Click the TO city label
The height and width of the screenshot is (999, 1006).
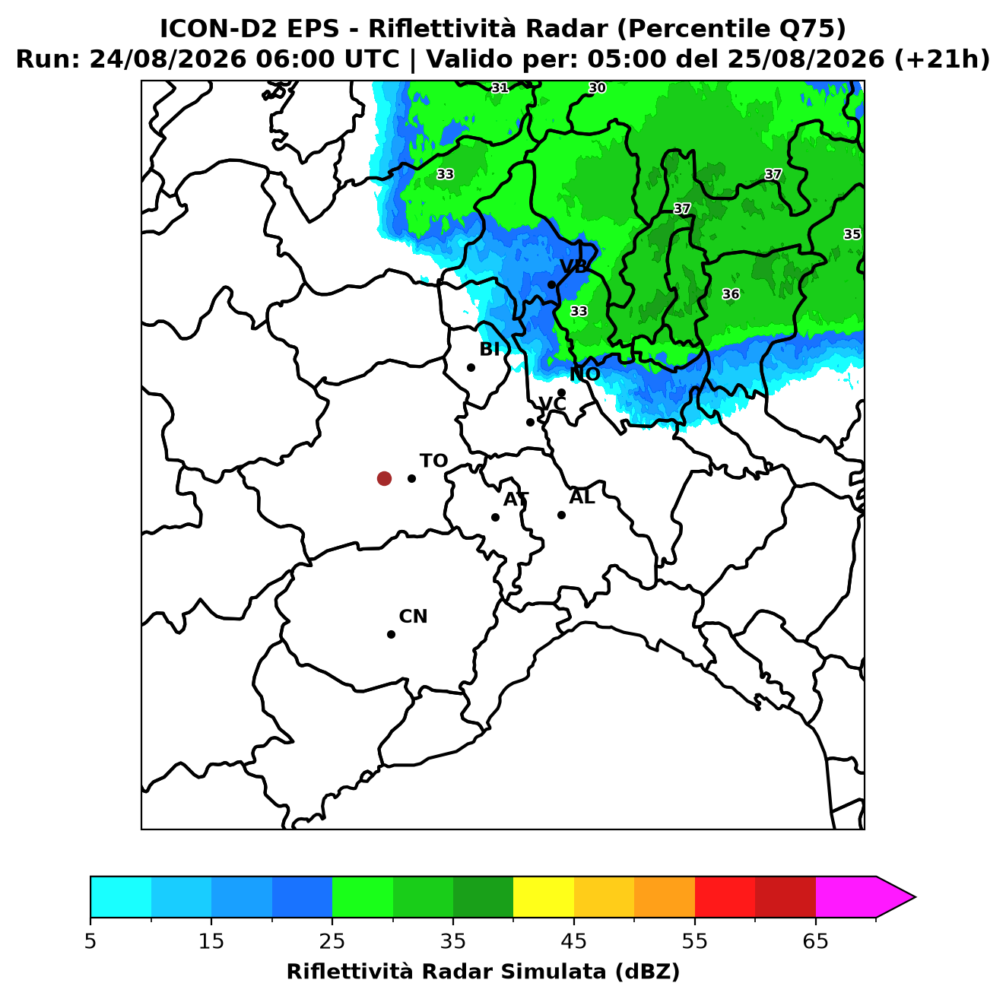[x=433, y=461]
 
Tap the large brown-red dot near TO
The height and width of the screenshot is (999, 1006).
[x=384, y=478]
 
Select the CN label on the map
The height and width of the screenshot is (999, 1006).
[x=413, y=617]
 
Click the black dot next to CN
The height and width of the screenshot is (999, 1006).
[x=391, y=635]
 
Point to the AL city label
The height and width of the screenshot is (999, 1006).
[x=582, y=497]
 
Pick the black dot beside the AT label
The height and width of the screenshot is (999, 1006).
[x=496, y=518]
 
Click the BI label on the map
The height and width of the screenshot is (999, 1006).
[x=490, y=350]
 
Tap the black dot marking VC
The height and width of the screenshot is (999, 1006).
[x=531, y=422]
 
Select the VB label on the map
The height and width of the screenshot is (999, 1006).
[x=574, y=266]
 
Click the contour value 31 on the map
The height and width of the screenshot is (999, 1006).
[x=500, y=87]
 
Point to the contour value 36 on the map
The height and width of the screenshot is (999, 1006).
[x=731, y=294]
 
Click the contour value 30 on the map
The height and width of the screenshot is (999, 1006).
[x=597, y=87]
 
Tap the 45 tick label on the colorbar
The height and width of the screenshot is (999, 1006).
[x=574, y=941]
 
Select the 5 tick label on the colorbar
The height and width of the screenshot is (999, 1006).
[x=90, y=941]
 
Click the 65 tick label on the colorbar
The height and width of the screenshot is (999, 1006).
[x=815, y=941]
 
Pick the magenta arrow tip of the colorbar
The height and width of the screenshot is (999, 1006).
[x=915, y=896]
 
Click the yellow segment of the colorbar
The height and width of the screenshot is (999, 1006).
[x=544, y=896]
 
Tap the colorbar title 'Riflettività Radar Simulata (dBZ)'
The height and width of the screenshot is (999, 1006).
[x=483, y=972]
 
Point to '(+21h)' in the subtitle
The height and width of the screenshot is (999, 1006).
[x=942, y=59]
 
